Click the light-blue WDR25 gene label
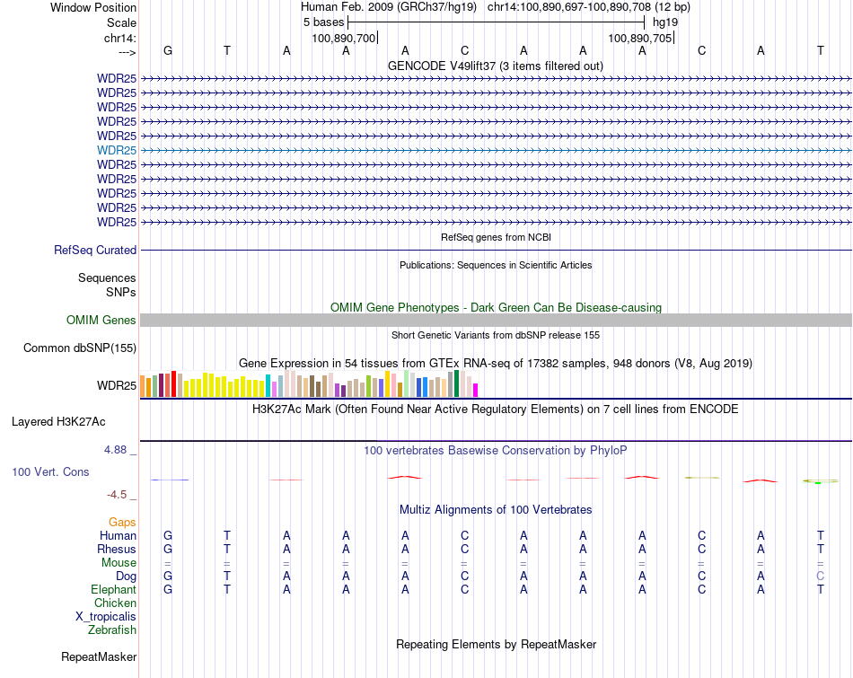pyautogui.click(x=117, y=150)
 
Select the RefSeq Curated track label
pyautogui.click(x=95, y=251)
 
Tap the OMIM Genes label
pyautogui.click(x=101, y=321)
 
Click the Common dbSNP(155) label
pyautogui.click(x=80, y=348)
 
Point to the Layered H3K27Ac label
pyautogui.click(x=58, y=421)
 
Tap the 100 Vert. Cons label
pyautogui.click(x=50, y=471)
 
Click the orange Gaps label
pyautogui.click(x=122, y=522)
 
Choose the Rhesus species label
pyautogui.click(x=117, y=550)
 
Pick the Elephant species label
pyautogui.click(x=113, y=590)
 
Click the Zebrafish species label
pyautogui.click(x=112, y=630)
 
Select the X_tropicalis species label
pyautogui.click(x=106, y=617)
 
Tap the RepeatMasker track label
pyautogui.click(x=99, y=657)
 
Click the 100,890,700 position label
pyautogui.click(x=343, y=38)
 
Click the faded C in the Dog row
pyautogui.click(x=820, y=576)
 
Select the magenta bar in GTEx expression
pyautogui.click(x=476, y=390)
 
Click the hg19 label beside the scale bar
pyautogui.click(x=665, y=22)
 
